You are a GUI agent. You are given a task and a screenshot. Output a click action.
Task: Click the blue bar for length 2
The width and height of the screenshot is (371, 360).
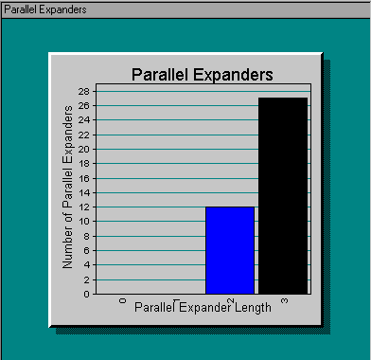[230, 250]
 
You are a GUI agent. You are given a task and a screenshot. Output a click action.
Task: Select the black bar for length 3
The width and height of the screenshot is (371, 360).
[283, 195]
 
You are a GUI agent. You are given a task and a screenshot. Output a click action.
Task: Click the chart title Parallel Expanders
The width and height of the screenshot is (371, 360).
[202, 74]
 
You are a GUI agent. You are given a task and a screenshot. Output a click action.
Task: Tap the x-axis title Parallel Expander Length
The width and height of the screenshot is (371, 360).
[203, 307]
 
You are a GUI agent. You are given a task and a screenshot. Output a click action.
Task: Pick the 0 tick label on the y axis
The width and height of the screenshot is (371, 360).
[87, 294]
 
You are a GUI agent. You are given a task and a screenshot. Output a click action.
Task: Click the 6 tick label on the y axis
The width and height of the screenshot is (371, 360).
[87, 250]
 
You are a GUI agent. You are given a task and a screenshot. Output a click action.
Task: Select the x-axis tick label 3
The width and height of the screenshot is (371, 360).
[284, 300]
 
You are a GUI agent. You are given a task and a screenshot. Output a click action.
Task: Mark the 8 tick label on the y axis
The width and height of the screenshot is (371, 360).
[87, 236]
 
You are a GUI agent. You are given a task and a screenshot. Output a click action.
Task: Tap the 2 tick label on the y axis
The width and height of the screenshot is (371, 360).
[87, 279]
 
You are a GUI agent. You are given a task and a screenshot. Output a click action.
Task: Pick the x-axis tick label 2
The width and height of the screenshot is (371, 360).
[231, 300]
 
